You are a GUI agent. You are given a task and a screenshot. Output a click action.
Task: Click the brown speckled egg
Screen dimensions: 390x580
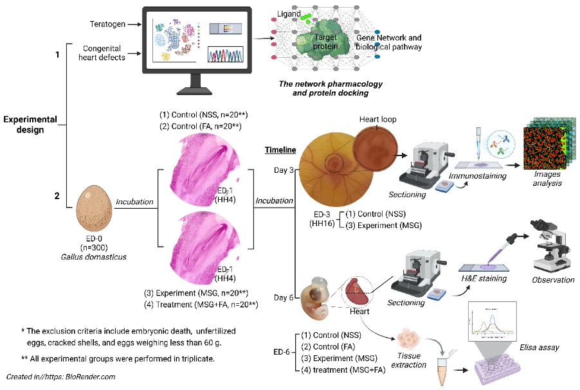(94, 208)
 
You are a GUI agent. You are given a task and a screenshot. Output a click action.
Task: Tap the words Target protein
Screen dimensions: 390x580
(325, 42)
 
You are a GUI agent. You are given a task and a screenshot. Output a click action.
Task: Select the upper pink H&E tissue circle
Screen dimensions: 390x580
(203, 170)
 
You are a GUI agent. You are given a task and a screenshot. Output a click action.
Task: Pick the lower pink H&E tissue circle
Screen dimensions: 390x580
(203, 248)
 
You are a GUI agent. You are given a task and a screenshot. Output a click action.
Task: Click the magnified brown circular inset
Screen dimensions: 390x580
(376, 148)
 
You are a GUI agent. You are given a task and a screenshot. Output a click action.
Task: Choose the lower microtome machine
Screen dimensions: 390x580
(423, 274)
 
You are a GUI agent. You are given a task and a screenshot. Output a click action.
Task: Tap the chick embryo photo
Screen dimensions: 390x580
(314, 298)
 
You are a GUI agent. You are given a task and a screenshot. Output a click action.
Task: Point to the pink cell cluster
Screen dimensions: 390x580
(409, 338)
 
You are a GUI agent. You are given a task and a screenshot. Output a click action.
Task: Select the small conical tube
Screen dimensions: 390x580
(442, 371)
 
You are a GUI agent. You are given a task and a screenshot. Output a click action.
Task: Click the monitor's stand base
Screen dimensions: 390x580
(194, 91)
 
